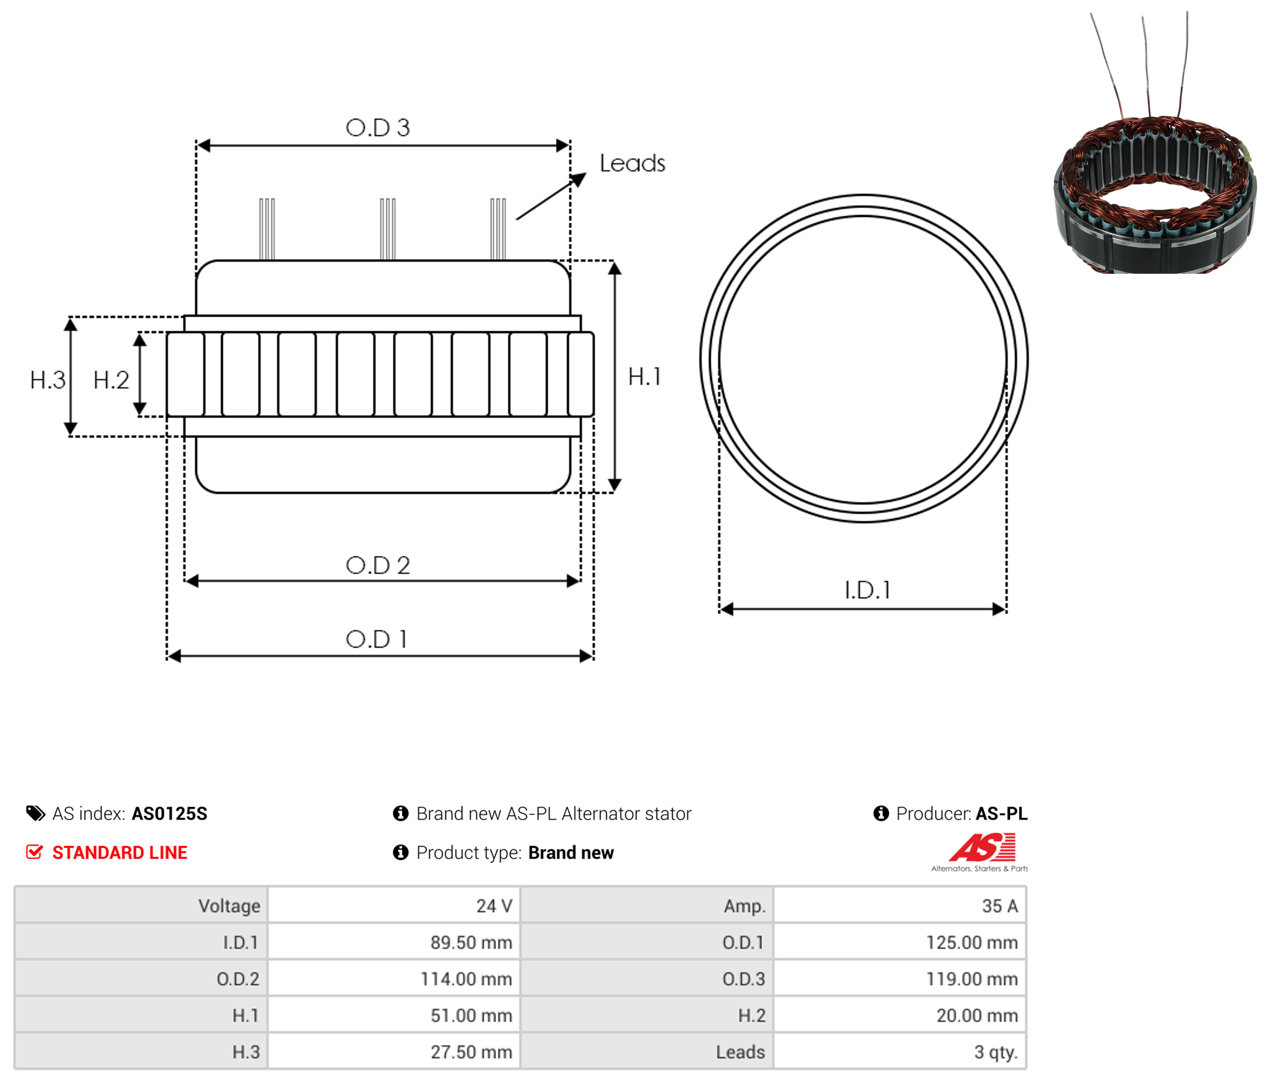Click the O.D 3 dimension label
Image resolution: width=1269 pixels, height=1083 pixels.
(x=377, y=127)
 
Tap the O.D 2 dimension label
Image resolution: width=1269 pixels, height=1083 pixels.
(x=377, y=565)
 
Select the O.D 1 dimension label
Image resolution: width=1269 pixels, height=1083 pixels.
(x=376, y=639)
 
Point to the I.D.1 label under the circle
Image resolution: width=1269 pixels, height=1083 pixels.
(x=867, y=590)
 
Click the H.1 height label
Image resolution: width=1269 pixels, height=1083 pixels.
(x=645, y=377)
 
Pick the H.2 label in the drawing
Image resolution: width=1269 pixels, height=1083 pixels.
(x=111, y=381)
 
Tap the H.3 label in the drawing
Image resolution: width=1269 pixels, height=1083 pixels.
(x=48, y=381)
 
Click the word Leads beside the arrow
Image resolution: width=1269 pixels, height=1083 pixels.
(x=632, y=164)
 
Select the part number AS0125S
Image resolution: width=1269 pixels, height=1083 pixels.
(x=170, y=814)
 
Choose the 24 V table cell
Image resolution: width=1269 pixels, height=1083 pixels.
(x=394, y=905)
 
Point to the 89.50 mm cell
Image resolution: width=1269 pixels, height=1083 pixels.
(x=394, y=942)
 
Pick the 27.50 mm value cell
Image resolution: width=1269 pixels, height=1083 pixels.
(x=394, y=1052)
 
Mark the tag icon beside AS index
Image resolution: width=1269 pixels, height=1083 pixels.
(x=36, y=814)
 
